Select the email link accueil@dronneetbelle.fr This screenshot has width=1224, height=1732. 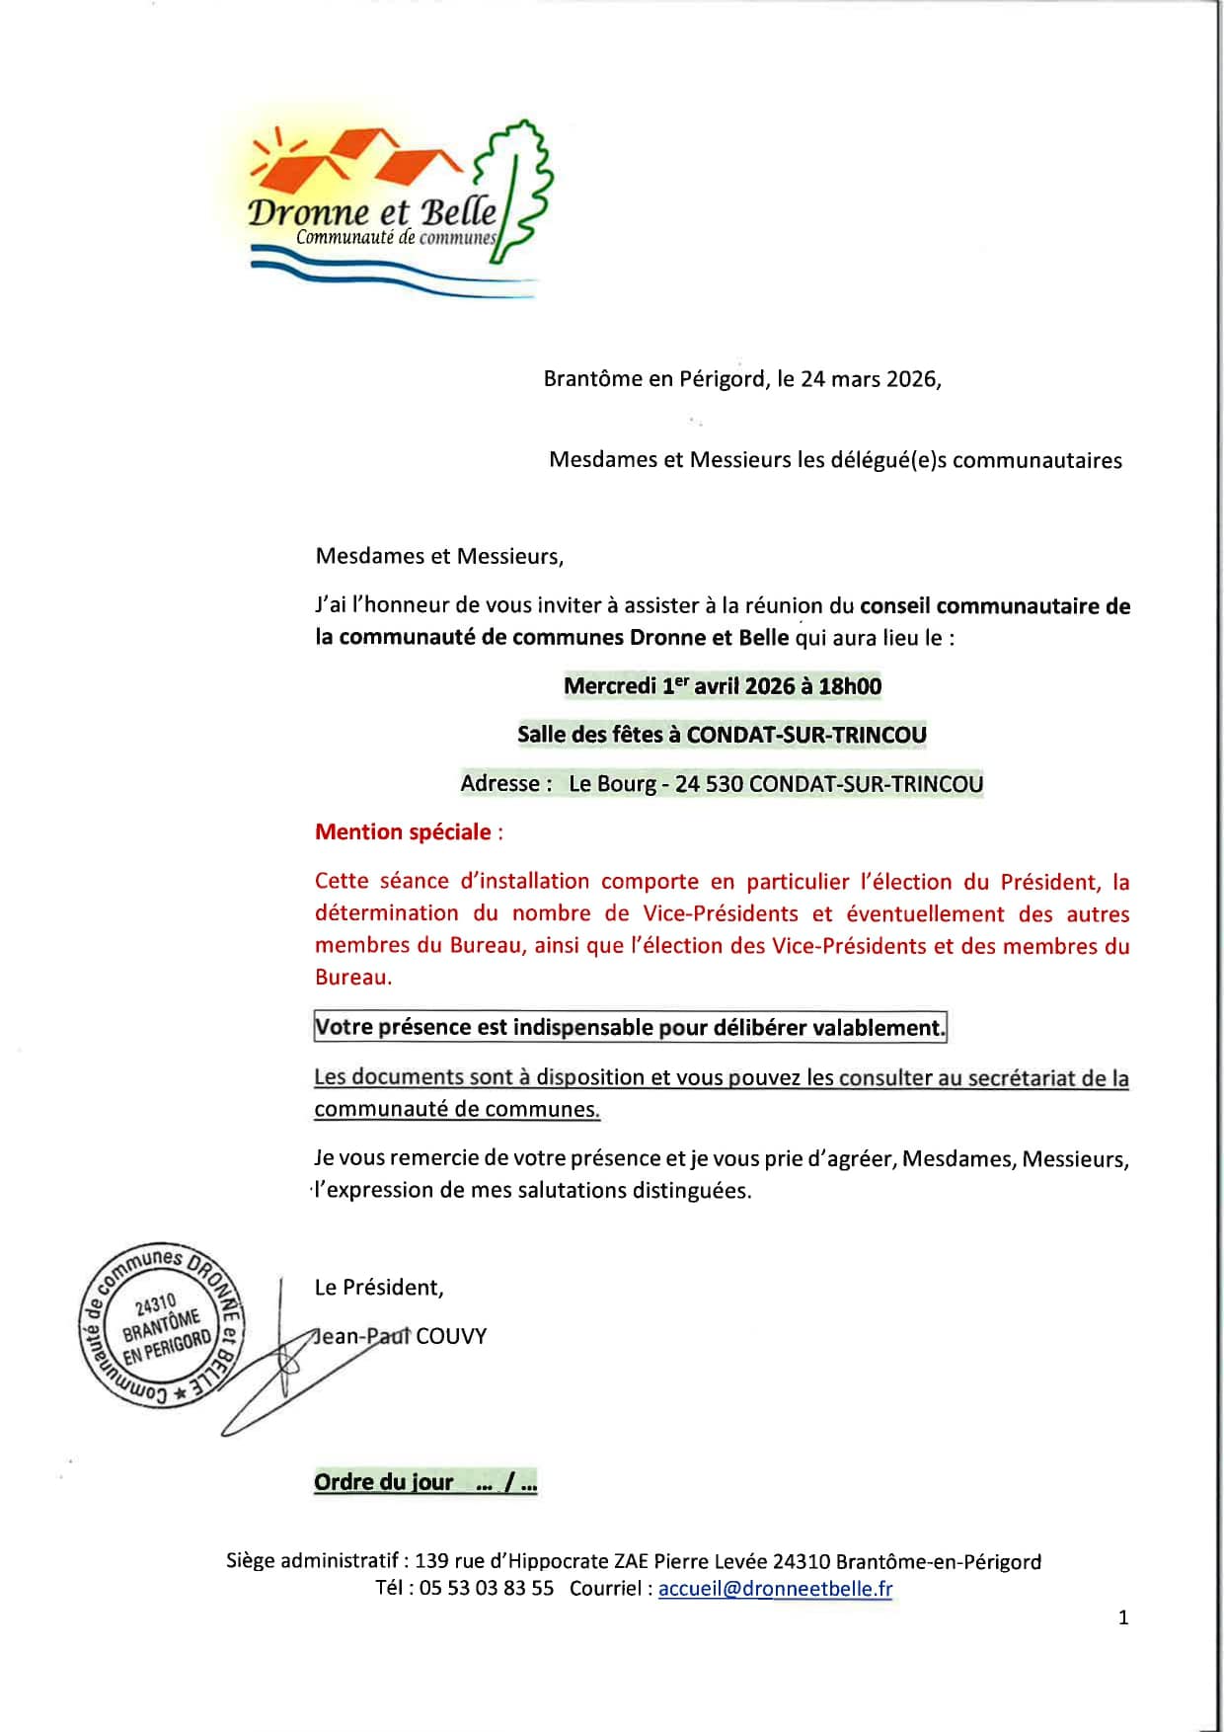(775, 1589)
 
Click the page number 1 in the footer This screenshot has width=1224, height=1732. (1123, 1617)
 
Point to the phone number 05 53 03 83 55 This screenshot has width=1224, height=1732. (487, 1589)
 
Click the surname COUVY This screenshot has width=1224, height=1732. (451, 1336)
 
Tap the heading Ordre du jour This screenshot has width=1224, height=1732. (383, 1482)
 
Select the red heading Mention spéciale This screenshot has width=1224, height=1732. (403, 831)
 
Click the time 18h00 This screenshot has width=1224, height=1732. (850, 686)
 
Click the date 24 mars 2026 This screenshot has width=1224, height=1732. (870, 379)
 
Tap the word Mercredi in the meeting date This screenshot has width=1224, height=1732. (609, 686)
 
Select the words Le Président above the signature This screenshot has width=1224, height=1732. (378, 1288)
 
